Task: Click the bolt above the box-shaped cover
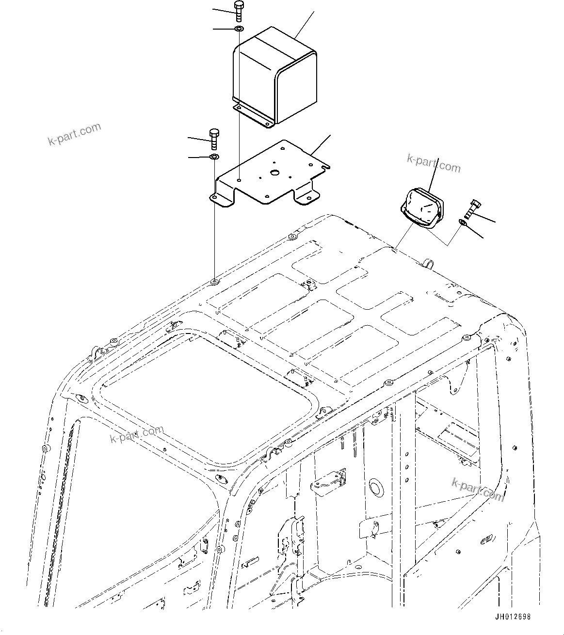tap(239, 11)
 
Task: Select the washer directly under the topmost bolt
tap(239, 30)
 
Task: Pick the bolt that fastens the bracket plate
tap(214, 139)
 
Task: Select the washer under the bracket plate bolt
tap(214, 157)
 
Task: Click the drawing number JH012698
tap(513, 617)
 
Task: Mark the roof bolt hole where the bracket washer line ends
tap(214, 282)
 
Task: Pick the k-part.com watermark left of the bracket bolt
tap(74, 134)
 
